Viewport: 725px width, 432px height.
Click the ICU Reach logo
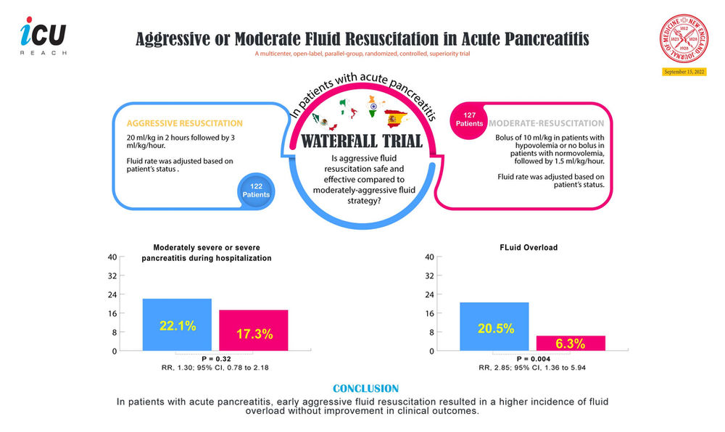(43, 36)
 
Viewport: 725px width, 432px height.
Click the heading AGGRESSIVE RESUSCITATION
(184, 123)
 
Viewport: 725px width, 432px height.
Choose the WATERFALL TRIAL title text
(362, 139)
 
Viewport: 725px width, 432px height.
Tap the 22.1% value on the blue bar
(178, 326)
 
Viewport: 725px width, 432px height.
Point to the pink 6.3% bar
(571, 343)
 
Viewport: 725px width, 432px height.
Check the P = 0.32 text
(215, 359)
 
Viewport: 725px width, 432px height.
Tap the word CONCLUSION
(365, 389)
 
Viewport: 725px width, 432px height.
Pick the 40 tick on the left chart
(112, 257)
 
